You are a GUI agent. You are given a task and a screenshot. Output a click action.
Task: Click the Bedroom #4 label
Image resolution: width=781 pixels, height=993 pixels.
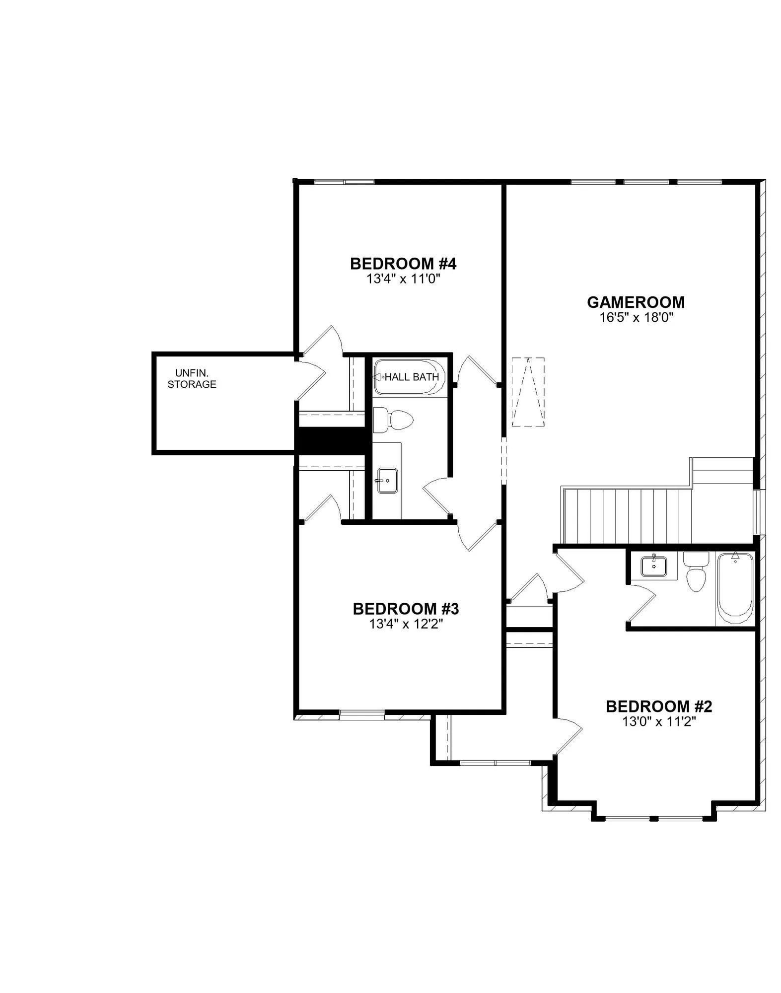click(403, 264)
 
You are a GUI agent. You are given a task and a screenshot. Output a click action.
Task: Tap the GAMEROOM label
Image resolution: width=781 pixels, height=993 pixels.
click(636, 302)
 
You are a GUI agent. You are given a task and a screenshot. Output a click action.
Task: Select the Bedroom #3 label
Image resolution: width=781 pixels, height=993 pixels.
click(406, 609)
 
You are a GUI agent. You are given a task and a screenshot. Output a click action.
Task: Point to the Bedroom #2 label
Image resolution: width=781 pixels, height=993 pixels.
click(659, 706)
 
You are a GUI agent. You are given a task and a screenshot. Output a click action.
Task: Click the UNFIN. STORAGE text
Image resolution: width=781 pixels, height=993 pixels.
click(192, 378)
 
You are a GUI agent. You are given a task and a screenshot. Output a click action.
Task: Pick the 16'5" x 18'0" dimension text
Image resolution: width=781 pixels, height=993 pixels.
click(636, 317)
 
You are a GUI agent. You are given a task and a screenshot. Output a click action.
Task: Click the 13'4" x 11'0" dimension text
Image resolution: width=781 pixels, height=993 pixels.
click(404, 279)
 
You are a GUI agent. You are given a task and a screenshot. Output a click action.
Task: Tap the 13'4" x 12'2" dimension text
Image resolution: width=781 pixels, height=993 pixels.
click(406, 624)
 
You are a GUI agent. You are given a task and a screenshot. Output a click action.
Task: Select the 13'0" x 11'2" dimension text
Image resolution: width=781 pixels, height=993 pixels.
click(659, 721)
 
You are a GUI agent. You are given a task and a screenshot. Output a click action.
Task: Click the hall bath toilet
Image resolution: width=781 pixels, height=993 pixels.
click(393, 420)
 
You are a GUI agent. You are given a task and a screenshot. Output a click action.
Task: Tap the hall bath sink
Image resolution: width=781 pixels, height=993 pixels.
click(387, 481)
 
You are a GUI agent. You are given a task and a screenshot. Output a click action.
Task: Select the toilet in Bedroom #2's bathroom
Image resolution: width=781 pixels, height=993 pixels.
click(695, 572)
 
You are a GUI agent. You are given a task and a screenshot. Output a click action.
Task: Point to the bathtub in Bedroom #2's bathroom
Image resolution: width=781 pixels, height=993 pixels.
click(735, 588)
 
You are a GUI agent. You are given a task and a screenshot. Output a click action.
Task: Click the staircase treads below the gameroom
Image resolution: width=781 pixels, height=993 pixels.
click(627, 516)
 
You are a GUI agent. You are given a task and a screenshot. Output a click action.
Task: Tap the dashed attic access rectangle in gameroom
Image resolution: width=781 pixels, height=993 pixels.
click(528, 392)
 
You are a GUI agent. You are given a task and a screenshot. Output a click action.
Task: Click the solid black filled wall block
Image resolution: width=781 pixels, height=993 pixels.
click(333, 440)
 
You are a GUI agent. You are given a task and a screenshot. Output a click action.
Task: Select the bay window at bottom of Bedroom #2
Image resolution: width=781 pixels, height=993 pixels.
click(654, 818)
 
